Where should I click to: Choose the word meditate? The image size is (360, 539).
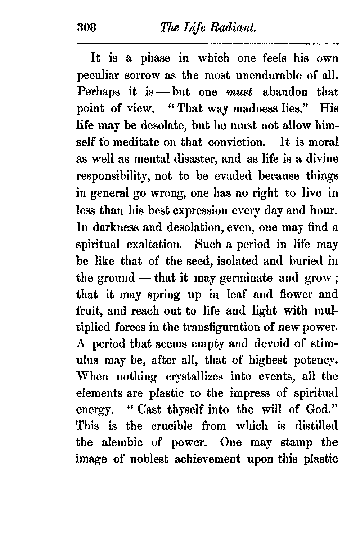(x=136, y=142)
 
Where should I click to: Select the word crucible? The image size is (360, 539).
(x=168, y=426)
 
